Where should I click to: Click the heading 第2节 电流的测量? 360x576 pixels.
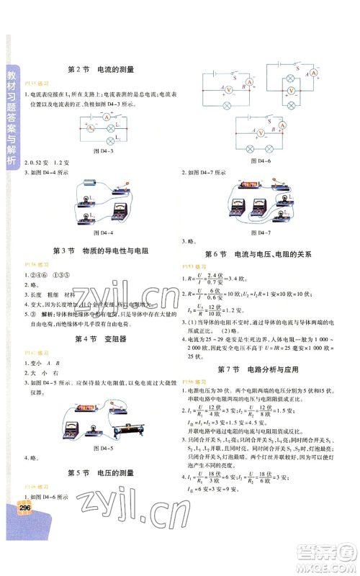pos(100,70)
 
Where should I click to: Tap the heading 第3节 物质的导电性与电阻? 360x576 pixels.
pos(100,251)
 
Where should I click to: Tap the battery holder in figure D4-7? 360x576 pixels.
pos(252,185)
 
